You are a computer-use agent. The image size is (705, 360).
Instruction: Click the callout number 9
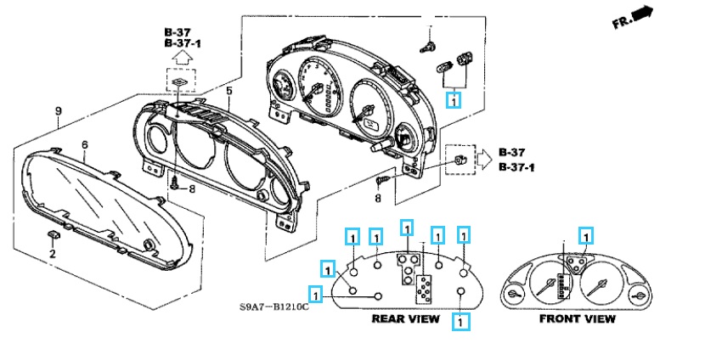(58, 111)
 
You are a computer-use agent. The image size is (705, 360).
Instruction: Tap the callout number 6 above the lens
(85, 145)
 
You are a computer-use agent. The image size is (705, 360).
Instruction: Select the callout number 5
(228, 90)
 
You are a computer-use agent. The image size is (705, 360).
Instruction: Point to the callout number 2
(52, 254)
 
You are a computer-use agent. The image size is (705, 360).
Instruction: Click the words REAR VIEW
(405, 319)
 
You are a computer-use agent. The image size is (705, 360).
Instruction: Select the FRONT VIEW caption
(578, 319)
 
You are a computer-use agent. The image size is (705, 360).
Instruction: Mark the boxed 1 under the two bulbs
(454, 101)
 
